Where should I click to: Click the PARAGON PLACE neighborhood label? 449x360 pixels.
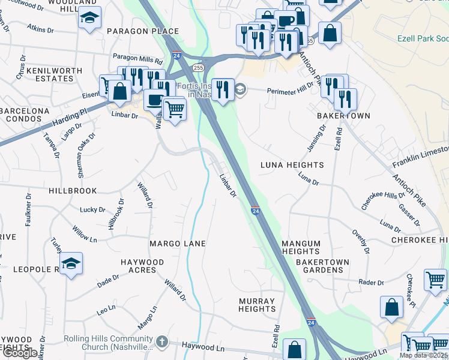(x=143, y=31)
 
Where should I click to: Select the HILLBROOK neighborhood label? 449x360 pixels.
(x=73, y=191)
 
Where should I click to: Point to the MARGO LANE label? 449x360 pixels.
(x=178, y=244)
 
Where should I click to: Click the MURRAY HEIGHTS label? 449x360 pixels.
(x=256, y=305)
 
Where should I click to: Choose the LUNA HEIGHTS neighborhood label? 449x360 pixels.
(x=292, y=165)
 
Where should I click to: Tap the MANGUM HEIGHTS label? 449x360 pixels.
(x=301, y=247)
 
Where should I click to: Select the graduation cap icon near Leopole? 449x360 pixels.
(x=71, y=263)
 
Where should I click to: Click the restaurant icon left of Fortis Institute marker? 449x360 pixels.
(x=223, y=89)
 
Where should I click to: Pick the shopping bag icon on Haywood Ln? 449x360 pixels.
(x=294, y=349)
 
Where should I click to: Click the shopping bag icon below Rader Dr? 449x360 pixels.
(x=391, y=307)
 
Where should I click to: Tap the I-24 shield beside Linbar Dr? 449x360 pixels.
(x=255, y=211)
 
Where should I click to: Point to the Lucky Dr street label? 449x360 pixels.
(x=92, y=210)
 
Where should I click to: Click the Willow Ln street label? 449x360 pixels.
(x=85, y=233)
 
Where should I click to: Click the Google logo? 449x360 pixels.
(x=20, y=353)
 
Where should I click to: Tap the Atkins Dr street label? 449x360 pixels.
(x=41, y=28)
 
